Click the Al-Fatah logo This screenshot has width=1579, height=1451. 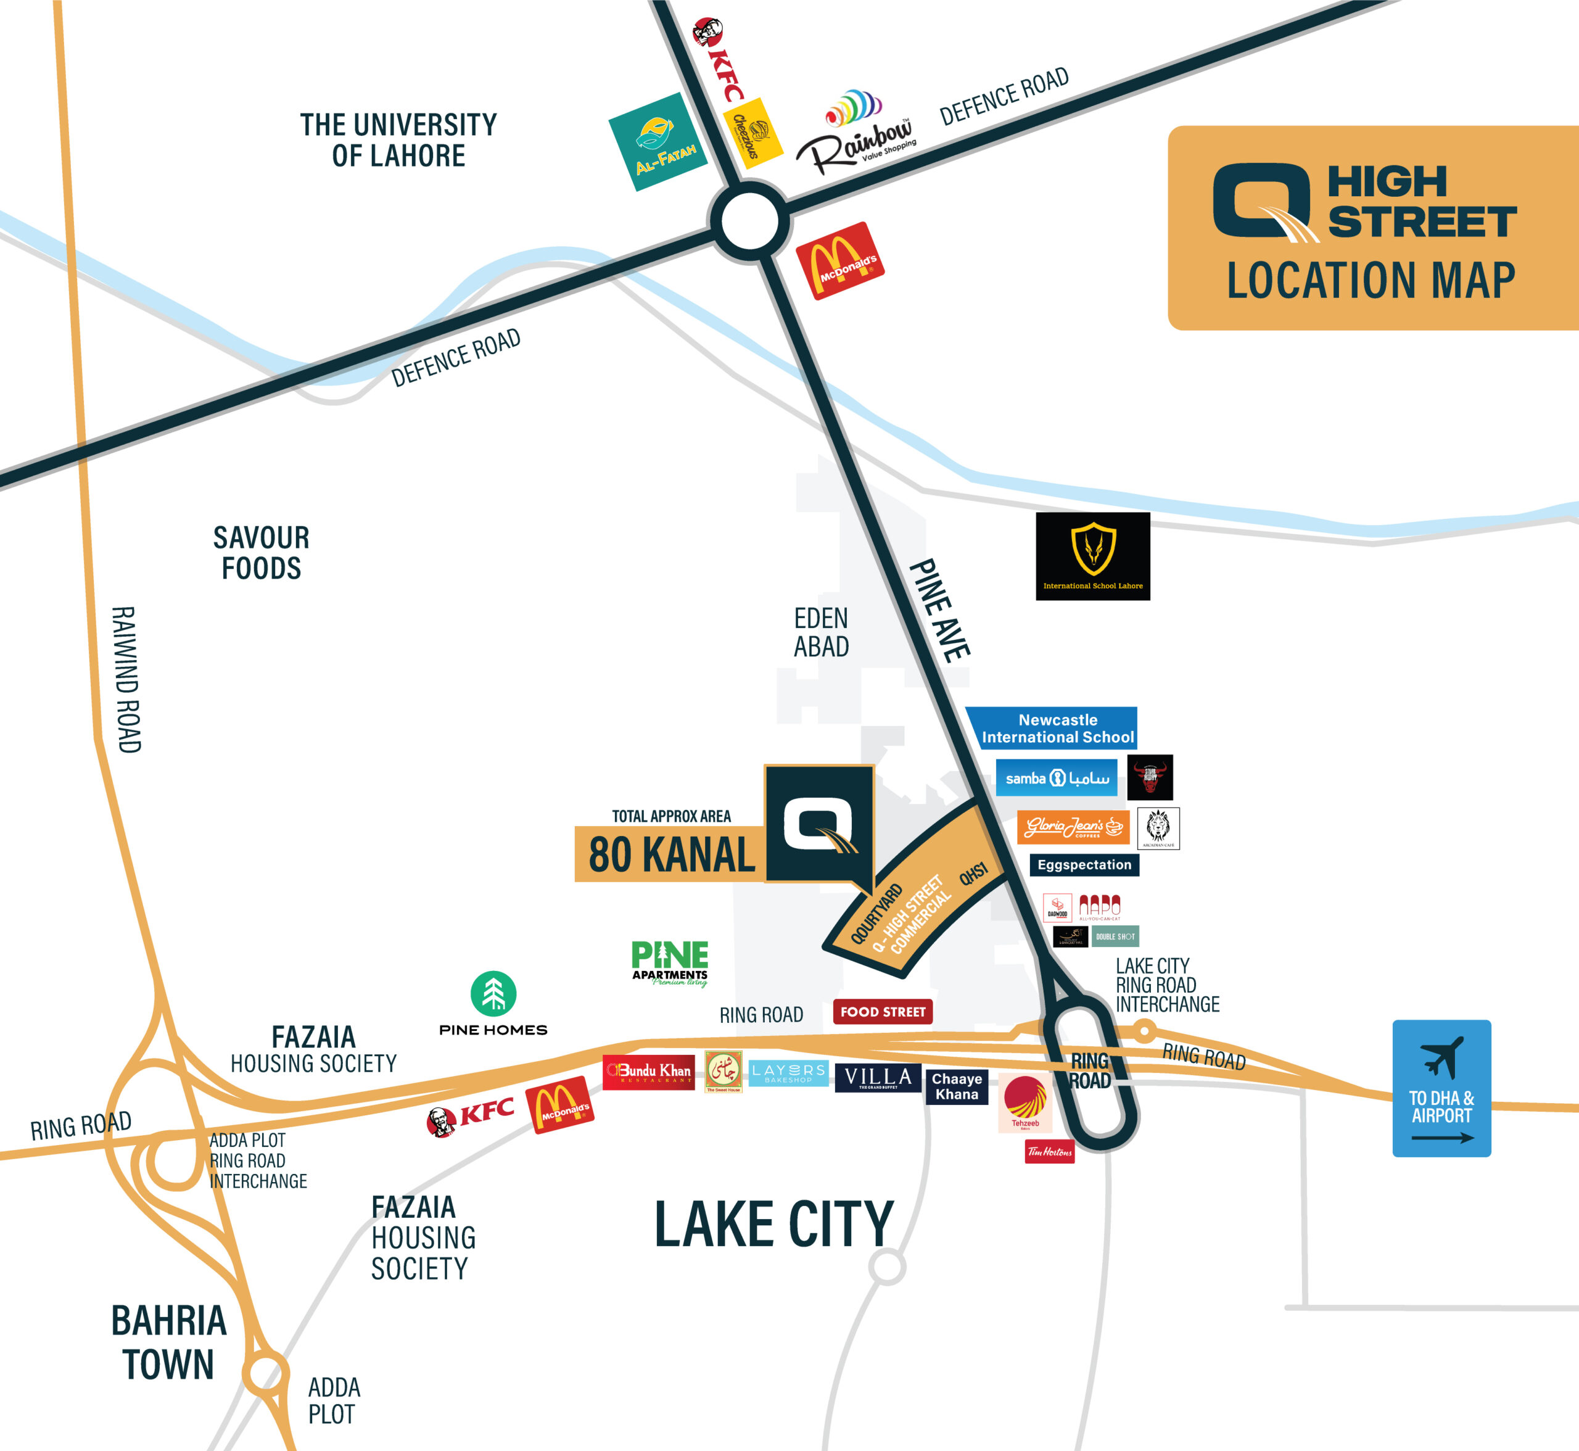[x=658, y=142]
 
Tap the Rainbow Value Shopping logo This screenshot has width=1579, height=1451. [x=856, y=133]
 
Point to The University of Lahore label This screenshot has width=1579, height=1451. [x=398, y=140]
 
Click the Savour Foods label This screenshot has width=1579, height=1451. [x=262, y=553]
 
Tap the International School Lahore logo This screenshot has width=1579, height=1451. [x=1092, y=556]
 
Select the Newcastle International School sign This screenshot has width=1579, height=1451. [x=1052, y=728]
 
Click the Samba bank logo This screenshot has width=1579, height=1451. [x=1056, y=777]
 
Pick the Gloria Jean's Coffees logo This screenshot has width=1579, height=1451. [x=1073, y=827]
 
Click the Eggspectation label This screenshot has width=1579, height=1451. [x=1084, y=864]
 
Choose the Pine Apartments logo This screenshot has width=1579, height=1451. [x=670, y=962]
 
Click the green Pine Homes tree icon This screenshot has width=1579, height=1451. [x=493, y=993]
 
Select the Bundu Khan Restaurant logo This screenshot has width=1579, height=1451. [x=648, y=1072]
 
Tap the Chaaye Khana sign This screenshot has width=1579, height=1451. [x=957, y=1086]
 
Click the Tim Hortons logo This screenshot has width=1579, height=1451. [x=1049, y=1152]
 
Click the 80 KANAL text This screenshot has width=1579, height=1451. [x=671, y=854]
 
